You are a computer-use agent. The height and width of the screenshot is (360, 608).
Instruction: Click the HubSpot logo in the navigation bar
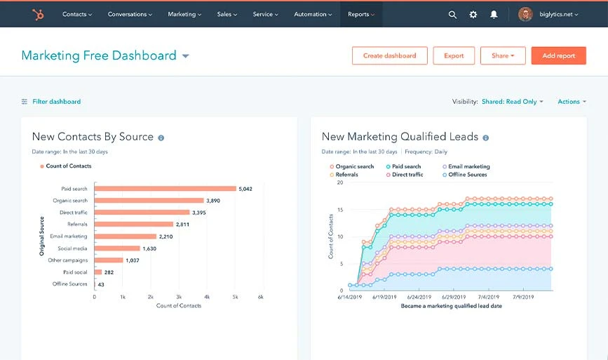pos(36,14)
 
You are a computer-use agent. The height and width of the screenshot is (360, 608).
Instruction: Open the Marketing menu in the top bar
pos(184,14)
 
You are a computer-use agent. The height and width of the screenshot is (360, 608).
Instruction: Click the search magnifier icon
pos(452,14)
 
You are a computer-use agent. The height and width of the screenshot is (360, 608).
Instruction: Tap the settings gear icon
pos(473,14)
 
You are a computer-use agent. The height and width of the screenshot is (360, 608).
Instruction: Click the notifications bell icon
pos(494,14)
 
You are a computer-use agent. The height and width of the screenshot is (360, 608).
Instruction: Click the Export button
pos(454,55)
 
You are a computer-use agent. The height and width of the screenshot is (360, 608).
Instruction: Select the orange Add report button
pos(558,55)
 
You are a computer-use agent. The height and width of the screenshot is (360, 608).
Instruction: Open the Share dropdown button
pos(503,55)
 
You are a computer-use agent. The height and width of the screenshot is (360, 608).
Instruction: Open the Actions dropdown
pos(572,102)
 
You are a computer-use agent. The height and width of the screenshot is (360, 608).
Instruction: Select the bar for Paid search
pos(165,188)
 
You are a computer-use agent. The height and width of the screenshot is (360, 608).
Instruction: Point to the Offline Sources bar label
pos(70,284)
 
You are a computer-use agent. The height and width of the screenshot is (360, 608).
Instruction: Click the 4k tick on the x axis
pos(206,298)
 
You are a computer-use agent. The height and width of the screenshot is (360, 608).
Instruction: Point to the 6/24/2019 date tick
pos(428,298)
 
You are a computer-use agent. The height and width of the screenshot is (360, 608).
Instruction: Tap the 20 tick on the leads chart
pos(339,182)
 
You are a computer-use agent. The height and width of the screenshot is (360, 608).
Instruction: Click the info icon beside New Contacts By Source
pos(161,138)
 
